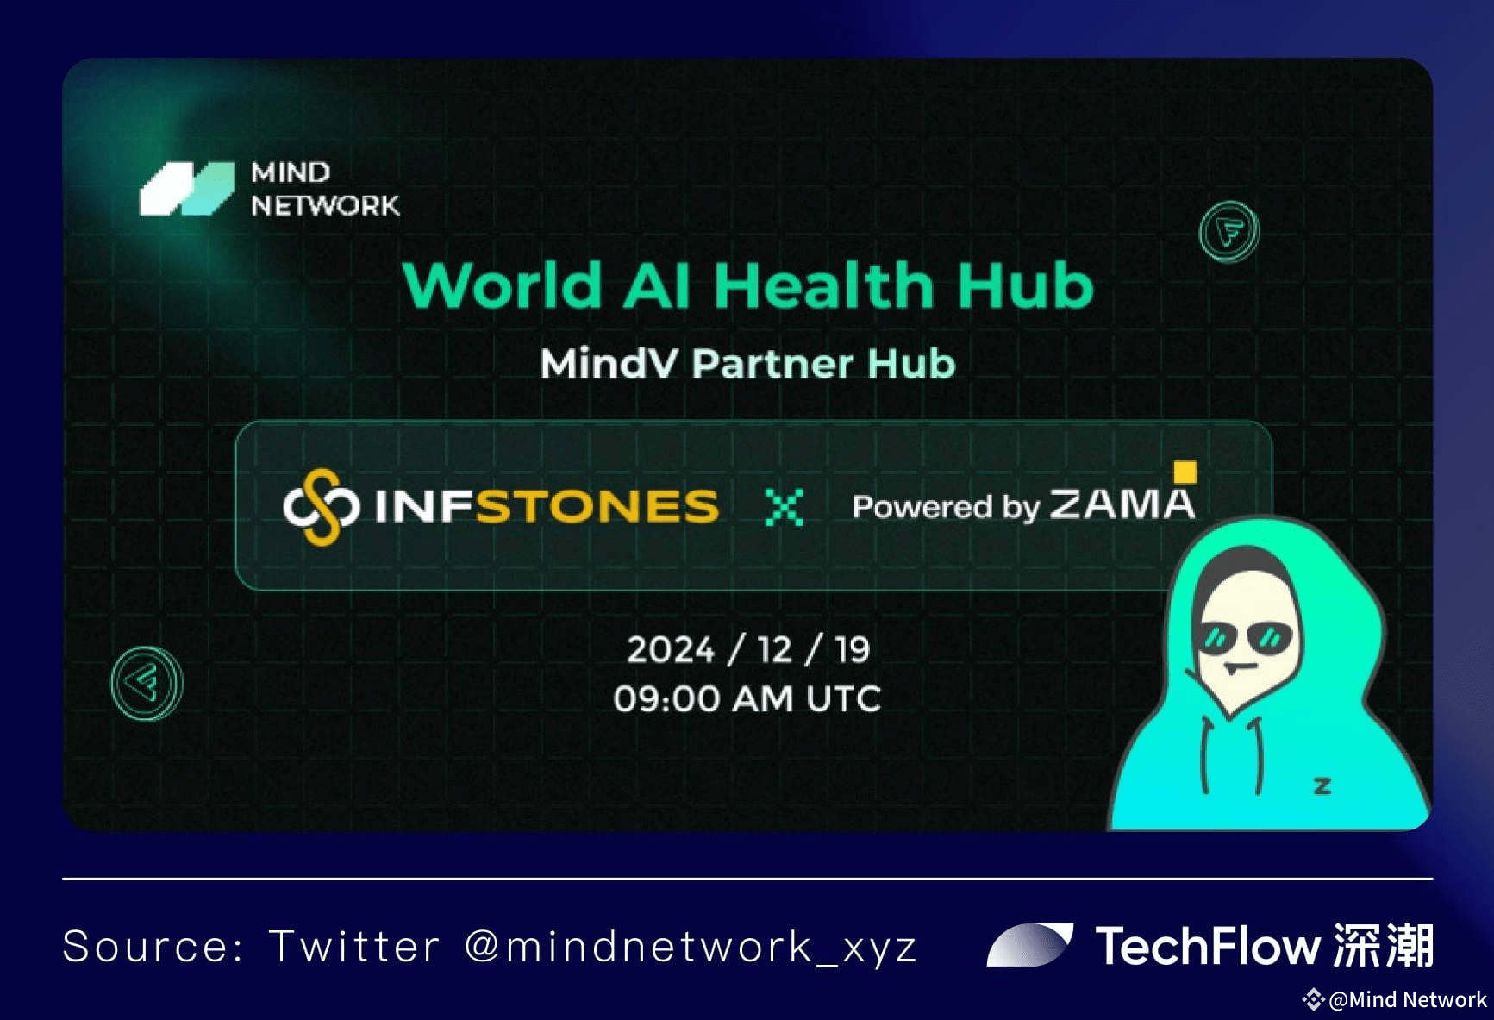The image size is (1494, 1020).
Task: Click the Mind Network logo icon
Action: click(187, 189)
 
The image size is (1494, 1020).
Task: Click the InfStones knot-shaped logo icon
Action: click(321, 507)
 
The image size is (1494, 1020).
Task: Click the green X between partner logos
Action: click(785, 507)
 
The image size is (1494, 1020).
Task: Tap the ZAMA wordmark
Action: click(1122, 504)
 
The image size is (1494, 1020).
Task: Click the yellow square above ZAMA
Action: click(1185, 472)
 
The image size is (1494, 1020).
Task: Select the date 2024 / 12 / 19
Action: click(748, 650)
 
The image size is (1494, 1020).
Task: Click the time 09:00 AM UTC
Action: click(747, 698)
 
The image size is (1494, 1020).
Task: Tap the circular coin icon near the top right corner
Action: click(1229, 231)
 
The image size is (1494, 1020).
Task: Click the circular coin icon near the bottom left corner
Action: click(147, 683)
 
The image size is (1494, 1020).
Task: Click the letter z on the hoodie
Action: click(1322, 785)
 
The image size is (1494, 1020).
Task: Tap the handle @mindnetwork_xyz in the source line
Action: click(691, 947)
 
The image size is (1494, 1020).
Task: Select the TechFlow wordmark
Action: click(1207, 946)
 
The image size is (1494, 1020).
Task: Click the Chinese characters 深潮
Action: click(1383, 945)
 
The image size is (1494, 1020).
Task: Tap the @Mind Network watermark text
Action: click(1408, 999)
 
